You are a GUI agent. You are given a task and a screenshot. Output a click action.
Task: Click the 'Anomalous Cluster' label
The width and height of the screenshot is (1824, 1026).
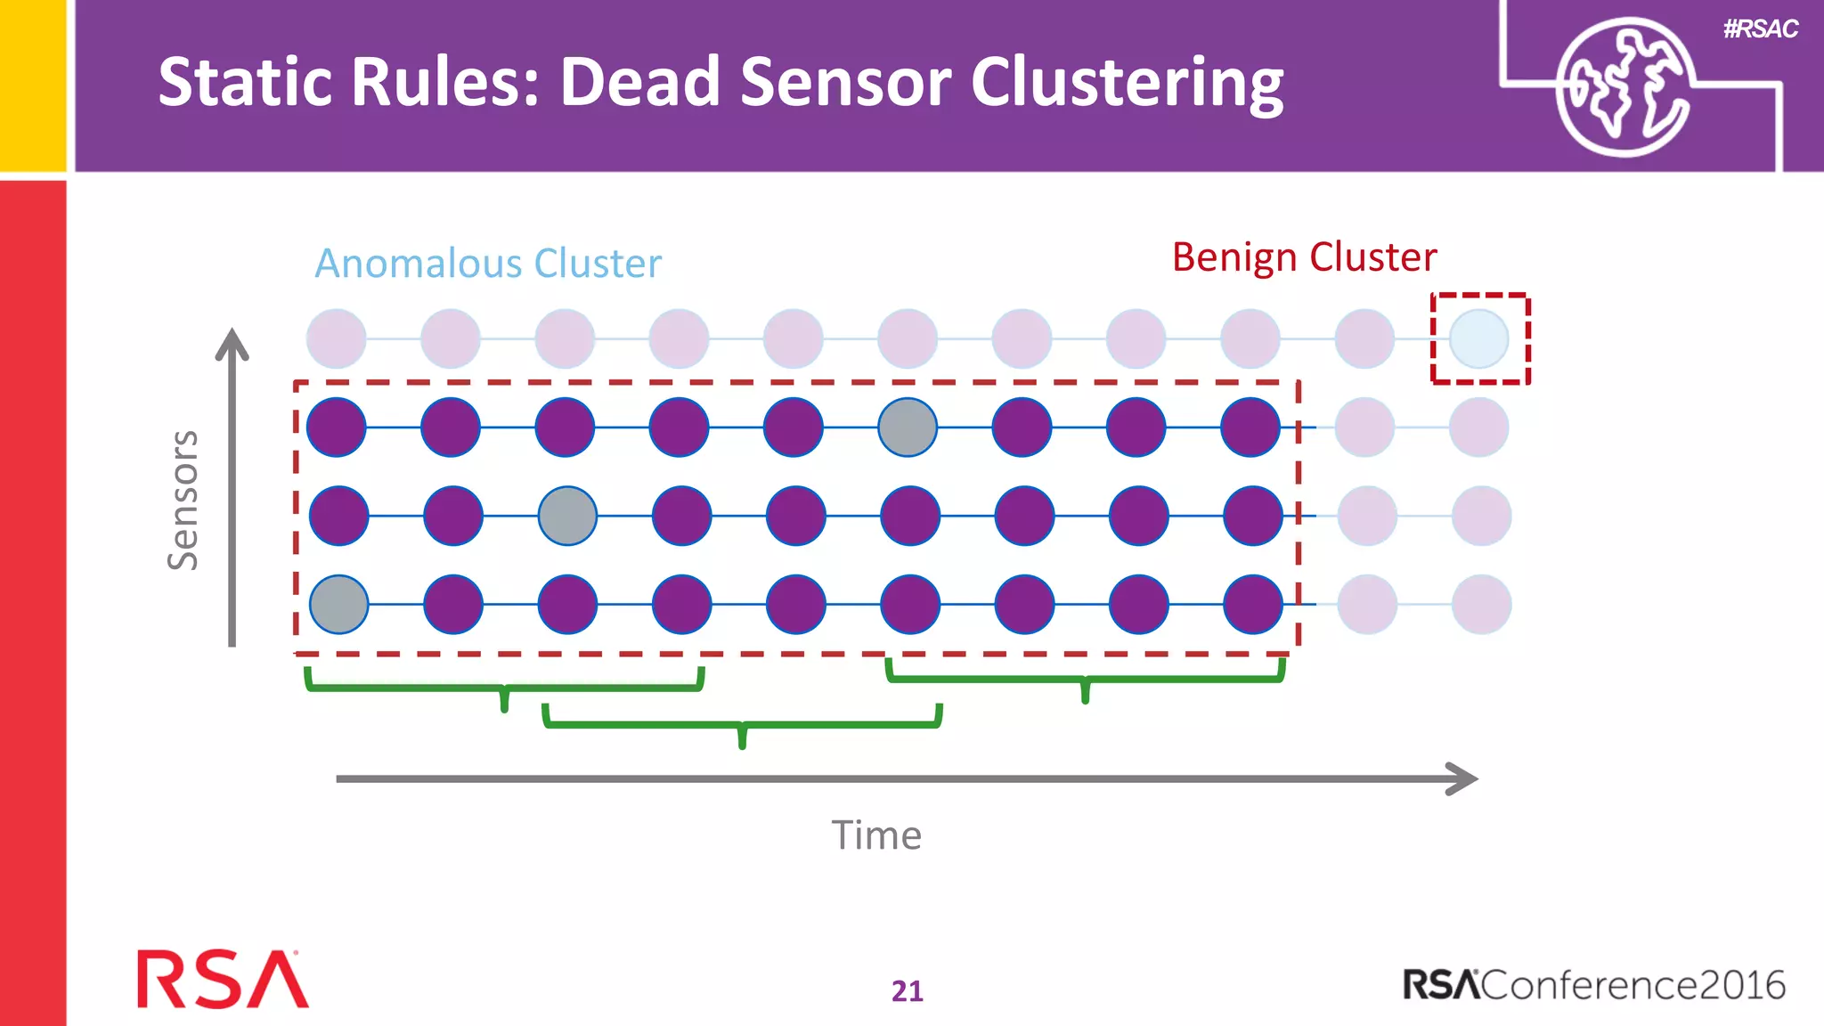coord(488,264)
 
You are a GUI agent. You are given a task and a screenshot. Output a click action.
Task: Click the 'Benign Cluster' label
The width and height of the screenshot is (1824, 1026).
coord(1304,257)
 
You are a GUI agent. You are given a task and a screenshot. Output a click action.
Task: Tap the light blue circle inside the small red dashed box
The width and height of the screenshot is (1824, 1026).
coord(1478,338)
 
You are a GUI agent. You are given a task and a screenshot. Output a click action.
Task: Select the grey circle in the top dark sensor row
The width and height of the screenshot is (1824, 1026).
coord(908,427)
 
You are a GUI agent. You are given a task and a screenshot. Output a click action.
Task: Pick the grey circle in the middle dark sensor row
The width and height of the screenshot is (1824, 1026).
coord(567,516)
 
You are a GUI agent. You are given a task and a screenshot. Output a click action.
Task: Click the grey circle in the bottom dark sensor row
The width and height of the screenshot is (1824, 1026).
coord(339,605)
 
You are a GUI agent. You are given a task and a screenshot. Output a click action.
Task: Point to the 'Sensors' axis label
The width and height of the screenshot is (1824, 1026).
coord(183,500)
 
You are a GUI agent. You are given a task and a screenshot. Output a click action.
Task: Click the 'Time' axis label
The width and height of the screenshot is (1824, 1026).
coord(876,835)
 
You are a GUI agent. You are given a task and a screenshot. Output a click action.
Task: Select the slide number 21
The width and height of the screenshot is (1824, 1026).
coord(907,990)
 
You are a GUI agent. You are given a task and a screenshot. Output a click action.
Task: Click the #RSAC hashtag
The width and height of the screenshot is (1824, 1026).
coord(1760,29)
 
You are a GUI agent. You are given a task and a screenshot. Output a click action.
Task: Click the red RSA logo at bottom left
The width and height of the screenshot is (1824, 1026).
coord(223,979)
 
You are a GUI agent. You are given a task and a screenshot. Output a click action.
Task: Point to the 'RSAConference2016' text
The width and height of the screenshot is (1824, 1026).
coord(1593,985)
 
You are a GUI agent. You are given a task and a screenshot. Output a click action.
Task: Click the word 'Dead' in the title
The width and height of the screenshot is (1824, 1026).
coord(639,82)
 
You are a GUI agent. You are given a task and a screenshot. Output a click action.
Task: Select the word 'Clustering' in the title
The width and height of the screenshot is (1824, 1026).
coord(1127,82)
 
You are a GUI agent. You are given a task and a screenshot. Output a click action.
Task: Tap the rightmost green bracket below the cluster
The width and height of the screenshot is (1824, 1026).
coord(1085,680)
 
